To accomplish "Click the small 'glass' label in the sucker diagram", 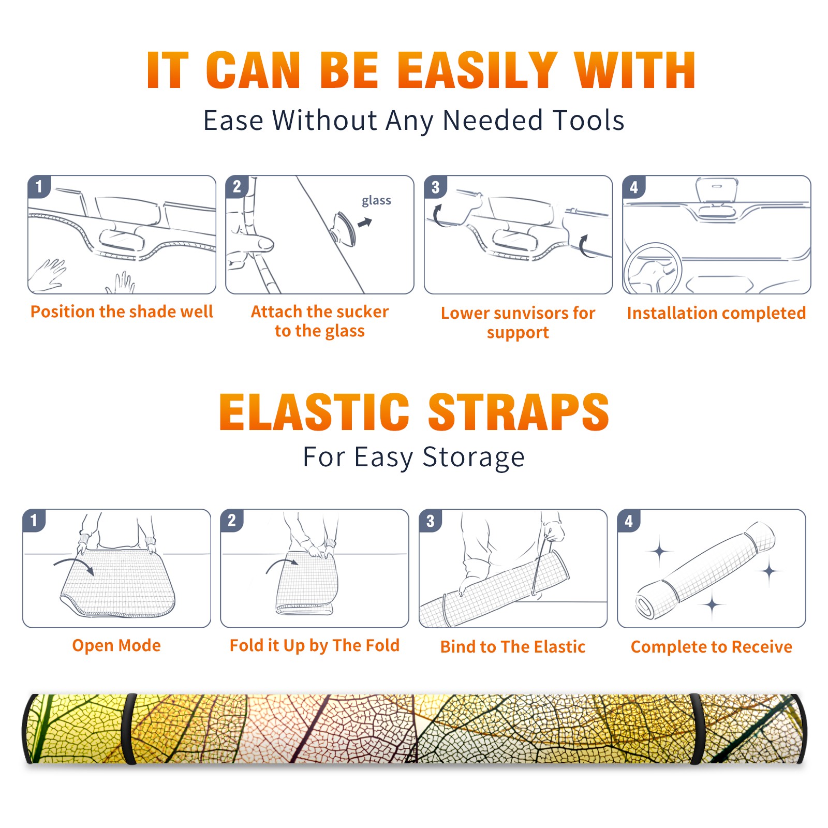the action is [376, 200].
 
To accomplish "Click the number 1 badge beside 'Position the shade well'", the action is [39, 186].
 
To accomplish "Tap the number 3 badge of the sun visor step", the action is [436, 187].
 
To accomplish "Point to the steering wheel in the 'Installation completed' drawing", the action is [653, 269].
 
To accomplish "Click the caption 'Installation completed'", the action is [716, 313].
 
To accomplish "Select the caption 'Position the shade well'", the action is [122, 312].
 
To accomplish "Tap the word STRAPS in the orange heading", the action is [519, 412].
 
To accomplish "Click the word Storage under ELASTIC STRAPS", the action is [474, 457].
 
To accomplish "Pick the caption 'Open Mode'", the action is [116, 645].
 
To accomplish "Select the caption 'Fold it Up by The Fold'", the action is [315, 645].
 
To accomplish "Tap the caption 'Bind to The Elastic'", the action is [513, 647].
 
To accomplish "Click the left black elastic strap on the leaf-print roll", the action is [129, 729].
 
